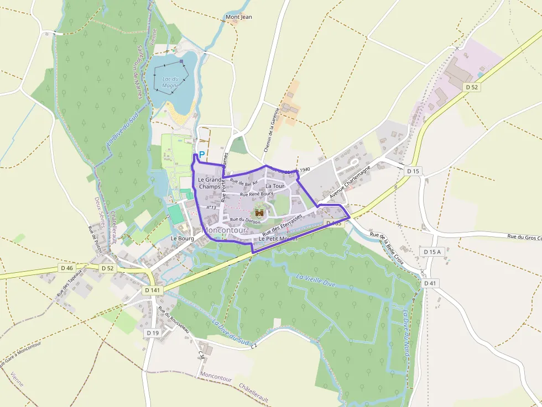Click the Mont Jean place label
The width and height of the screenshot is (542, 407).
[x=239, y=17]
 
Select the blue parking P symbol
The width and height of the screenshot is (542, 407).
[x=201, y=155]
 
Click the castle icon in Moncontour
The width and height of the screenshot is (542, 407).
[x=259, y=211]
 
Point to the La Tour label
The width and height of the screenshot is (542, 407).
[x=275, y=186]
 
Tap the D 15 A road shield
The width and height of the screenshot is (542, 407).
[x=432, y=252]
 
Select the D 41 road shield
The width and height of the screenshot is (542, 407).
[x=430, y=283]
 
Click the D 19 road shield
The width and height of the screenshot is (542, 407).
[x=153, y=333]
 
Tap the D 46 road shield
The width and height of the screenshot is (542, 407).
[x=67, y=268]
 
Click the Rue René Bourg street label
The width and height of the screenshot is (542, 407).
[x=257, y=194]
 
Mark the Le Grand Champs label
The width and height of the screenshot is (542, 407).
[x=209, y=183]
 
